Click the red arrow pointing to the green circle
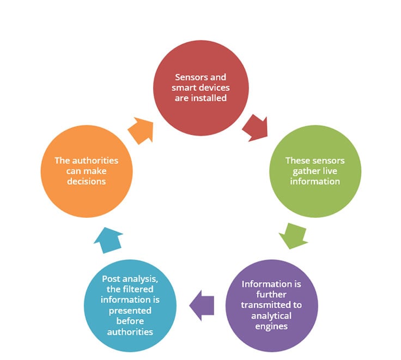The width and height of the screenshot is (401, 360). pos(256,128)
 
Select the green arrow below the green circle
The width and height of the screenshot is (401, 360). pos(293,236)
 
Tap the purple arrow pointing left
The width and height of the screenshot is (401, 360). pos(202,306)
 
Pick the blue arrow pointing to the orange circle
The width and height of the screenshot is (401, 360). pos(108,240)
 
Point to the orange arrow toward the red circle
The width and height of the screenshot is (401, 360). pos(141,131)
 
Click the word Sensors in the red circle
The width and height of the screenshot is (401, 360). pos(188,77)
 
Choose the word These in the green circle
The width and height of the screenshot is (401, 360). pos(296,161)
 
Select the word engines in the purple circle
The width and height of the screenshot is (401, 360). pos(271,327)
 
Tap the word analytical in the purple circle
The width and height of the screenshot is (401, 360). pos(271,316)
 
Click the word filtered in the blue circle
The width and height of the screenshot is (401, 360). pos(138,289)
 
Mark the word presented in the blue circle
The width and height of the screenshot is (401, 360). pos(130,310)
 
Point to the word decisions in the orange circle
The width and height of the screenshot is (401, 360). pos(87,181)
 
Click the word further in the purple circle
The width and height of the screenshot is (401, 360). pos(271,295)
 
